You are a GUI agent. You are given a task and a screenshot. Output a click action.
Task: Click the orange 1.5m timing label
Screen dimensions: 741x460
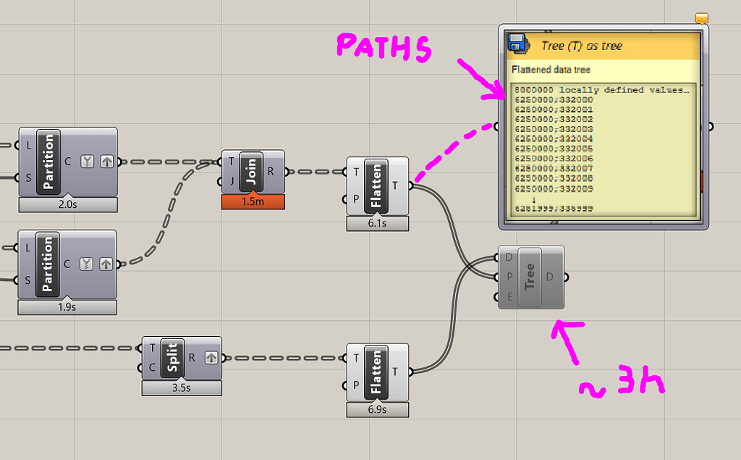point(253,201)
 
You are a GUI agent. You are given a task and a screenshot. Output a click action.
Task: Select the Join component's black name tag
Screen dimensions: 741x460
point(251,171)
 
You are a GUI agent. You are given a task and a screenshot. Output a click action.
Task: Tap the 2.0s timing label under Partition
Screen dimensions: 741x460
point(68,204)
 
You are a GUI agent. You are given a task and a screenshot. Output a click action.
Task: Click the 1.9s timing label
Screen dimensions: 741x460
point(67,307)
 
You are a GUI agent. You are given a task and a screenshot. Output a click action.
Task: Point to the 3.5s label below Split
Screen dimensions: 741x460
point(182,388)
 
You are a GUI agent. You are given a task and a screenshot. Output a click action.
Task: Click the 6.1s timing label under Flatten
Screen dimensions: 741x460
point(377,223)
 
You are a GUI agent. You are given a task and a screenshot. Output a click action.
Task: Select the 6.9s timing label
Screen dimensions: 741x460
point(377,410)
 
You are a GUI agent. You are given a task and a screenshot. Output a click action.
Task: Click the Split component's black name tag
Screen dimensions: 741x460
point(172,359)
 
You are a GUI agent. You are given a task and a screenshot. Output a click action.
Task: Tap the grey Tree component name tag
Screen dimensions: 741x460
point(530,277)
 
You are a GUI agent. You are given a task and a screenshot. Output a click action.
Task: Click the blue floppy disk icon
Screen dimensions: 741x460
point(518,43)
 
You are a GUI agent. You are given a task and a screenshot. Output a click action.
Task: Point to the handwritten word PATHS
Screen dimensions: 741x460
point(384,47)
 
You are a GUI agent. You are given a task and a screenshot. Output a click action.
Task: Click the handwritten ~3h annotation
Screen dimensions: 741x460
point(622,382)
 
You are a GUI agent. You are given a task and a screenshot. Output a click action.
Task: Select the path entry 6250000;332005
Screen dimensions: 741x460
point(554,149)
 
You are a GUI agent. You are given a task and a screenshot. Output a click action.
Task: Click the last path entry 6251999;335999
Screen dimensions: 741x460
point(554,209)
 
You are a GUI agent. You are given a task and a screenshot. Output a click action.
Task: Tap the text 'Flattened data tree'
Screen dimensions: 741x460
point(551,70)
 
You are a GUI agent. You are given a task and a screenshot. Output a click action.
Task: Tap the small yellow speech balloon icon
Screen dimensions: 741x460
point(702,18)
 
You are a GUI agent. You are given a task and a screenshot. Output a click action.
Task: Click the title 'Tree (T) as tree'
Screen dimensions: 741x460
point(582,46)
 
